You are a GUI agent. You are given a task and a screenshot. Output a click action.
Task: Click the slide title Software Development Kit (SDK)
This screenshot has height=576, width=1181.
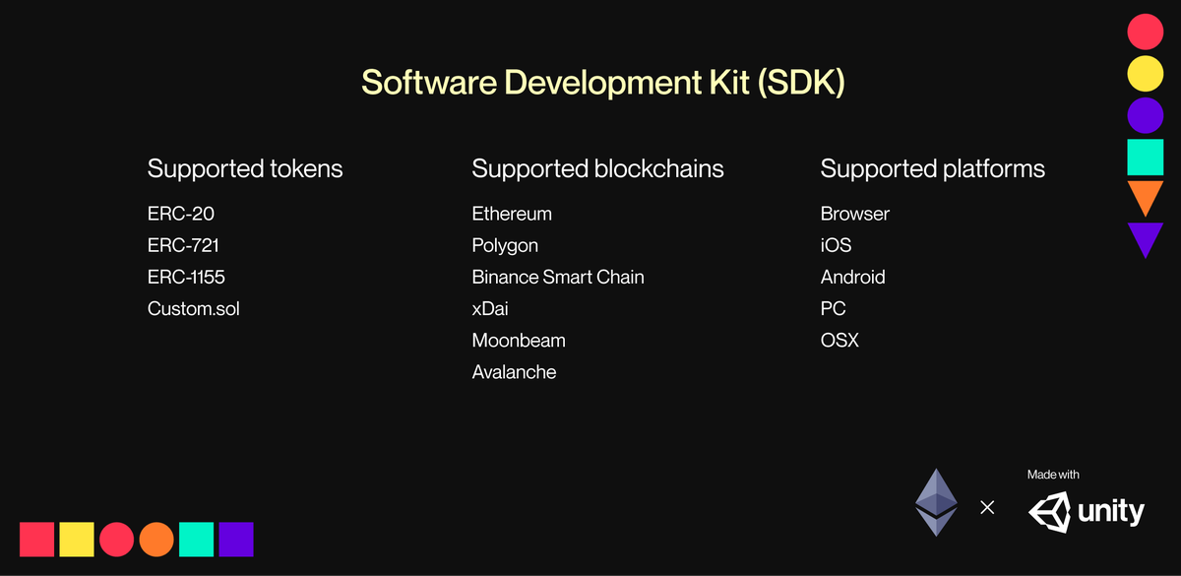tap(602, 83)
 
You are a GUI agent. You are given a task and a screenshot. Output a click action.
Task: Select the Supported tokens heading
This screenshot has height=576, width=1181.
tap(245, 168)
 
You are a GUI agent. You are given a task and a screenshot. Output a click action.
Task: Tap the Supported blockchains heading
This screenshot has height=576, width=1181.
tap(597, 168)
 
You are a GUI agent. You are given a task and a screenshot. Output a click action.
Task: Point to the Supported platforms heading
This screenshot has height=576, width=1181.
tap(932, 168)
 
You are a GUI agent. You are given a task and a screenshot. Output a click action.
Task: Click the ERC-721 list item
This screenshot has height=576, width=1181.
tap(183, 245)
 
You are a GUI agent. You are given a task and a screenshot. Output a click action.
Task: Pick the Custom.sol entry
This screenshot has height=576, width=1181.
tap(194, 308)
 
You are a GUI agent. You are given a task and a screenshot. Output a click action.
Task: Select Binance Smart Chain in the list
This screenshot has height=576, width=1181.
tap(558, 277)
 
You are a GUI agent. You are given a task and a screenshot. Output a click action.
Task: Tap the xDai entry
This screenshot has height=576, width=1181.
tap(490, 308)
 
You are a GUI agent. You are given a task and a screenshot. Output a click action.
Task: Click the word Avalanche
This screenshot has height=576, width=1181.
tap(514, 371)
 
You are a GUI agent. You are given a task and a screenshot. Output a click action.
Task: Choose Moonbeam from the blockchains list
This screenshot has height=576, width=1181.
tap(519, 340)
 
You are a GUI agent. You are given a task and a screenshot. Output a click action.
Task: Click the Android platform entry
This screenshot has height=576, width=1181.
tap(852, 277)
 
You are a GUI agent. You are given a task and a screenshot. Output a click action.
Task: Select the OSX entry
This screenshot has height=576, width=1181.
tap(839, 340)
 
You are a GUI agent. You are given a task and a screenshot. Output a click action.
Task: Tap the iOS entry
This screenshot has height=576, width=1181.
tap(836, 245)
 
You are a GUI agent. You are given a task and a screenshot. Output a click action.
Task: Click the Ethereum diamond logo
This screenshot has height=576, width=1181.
tap(936, 501)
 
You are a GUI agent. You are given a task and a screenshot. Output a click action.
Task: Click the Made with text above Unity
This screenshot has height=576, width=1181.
tap(1053, 475)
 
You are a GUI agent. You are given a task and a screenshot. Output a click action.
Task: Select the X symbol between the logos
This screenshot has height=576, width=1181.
tap(987, 508)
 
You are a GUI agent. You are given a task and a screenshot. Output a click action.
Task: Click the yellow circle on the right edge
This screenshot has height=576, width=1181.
tap(1146, 73)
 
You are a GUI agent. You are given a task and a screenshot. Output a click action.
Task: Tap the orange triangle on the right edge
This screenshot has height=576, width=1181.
tap(1146, 195)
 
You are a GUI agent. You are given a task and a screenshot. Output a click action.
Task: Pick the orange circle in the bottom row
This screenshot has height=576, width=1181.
tap(156, 539)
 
